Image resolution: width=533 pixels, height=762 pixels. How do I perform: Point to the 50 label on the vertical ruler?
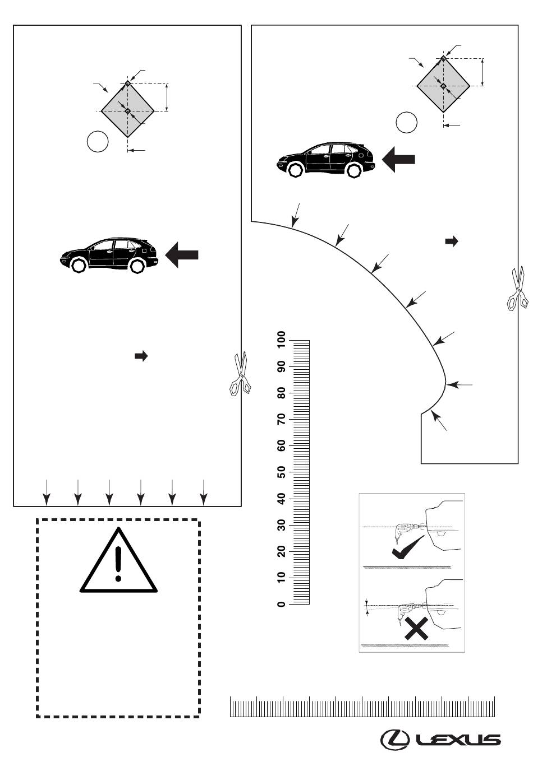(x=281, y=472)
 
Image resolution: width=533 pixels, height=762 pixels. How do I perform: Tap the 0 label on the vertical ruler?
(x=281, y=604)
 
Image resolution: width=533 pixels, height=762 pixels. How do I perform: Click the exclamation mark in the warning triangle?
(x=118, y=564)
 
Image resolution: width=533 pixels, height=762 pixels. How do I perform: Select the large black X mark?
(x=416, y=629)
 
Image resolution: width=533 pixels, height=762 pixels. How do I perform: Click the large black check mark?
(x=408, y=547)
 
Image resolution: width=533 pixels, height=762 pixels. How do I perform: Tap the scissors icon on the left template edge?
(x=240, y=374)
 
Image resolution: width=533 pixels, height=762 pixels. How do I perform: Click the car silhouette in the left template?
(x=109, y=255)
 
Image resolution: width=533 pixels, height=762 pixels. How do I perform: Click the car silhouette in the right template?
(x=326, y=160)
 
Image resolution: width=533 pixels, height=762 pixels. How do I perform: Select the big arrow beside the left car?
(x=182, y=255)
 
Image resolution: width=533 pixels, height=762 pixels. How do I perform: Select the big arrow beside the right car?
(x=398, y=159)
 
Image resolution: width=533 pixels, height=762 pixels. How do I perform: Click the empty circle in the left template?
(x=98, y=141)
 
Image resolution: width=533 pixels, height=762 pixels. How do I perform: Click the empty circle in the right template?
(x=407, y=122)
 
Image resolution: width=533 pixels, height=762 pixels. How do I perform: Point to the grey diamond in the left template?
(x=128, y=111)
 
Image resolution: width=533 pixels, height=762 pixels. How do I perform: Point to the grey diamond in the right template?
(x=443, y=86)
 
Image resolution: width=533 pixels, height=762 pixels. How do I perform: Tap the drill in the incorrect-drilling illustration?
(x=410, y=610)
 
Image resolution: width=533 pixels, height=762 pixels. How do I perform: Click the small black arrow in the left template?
(x=141, y=356)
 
